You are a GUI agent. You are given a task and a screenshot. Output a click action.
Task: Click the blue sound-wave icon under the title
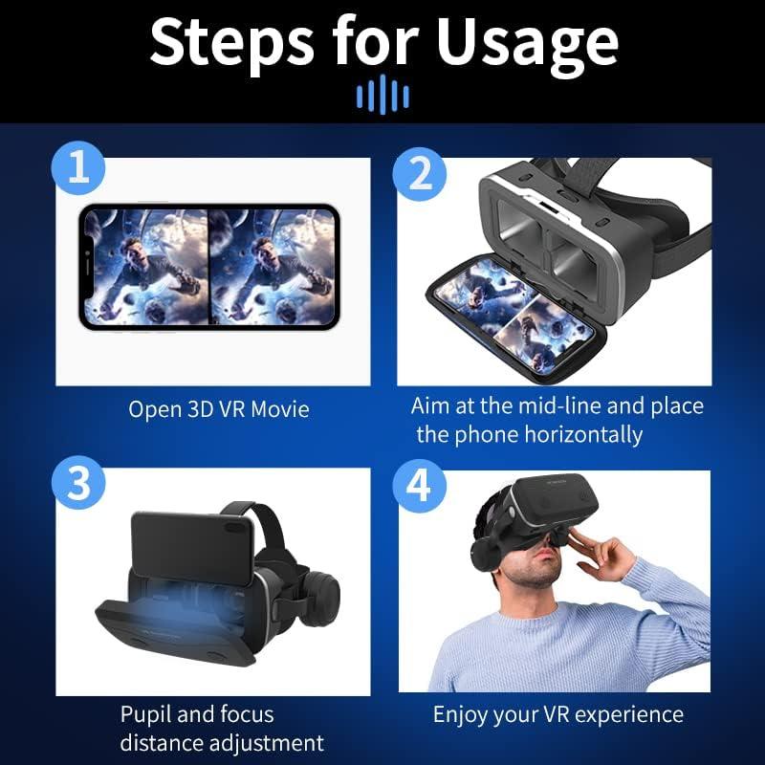[382, 96]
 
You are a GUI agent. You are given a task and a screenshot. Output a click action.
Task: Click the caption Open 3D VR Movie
[219, 409]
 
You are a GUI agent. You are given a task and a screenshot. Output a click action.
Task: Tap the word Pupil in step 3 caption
[148, 714]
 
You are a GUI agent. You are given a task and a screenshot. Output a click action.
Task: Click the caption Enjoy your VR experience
[557, 714]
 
